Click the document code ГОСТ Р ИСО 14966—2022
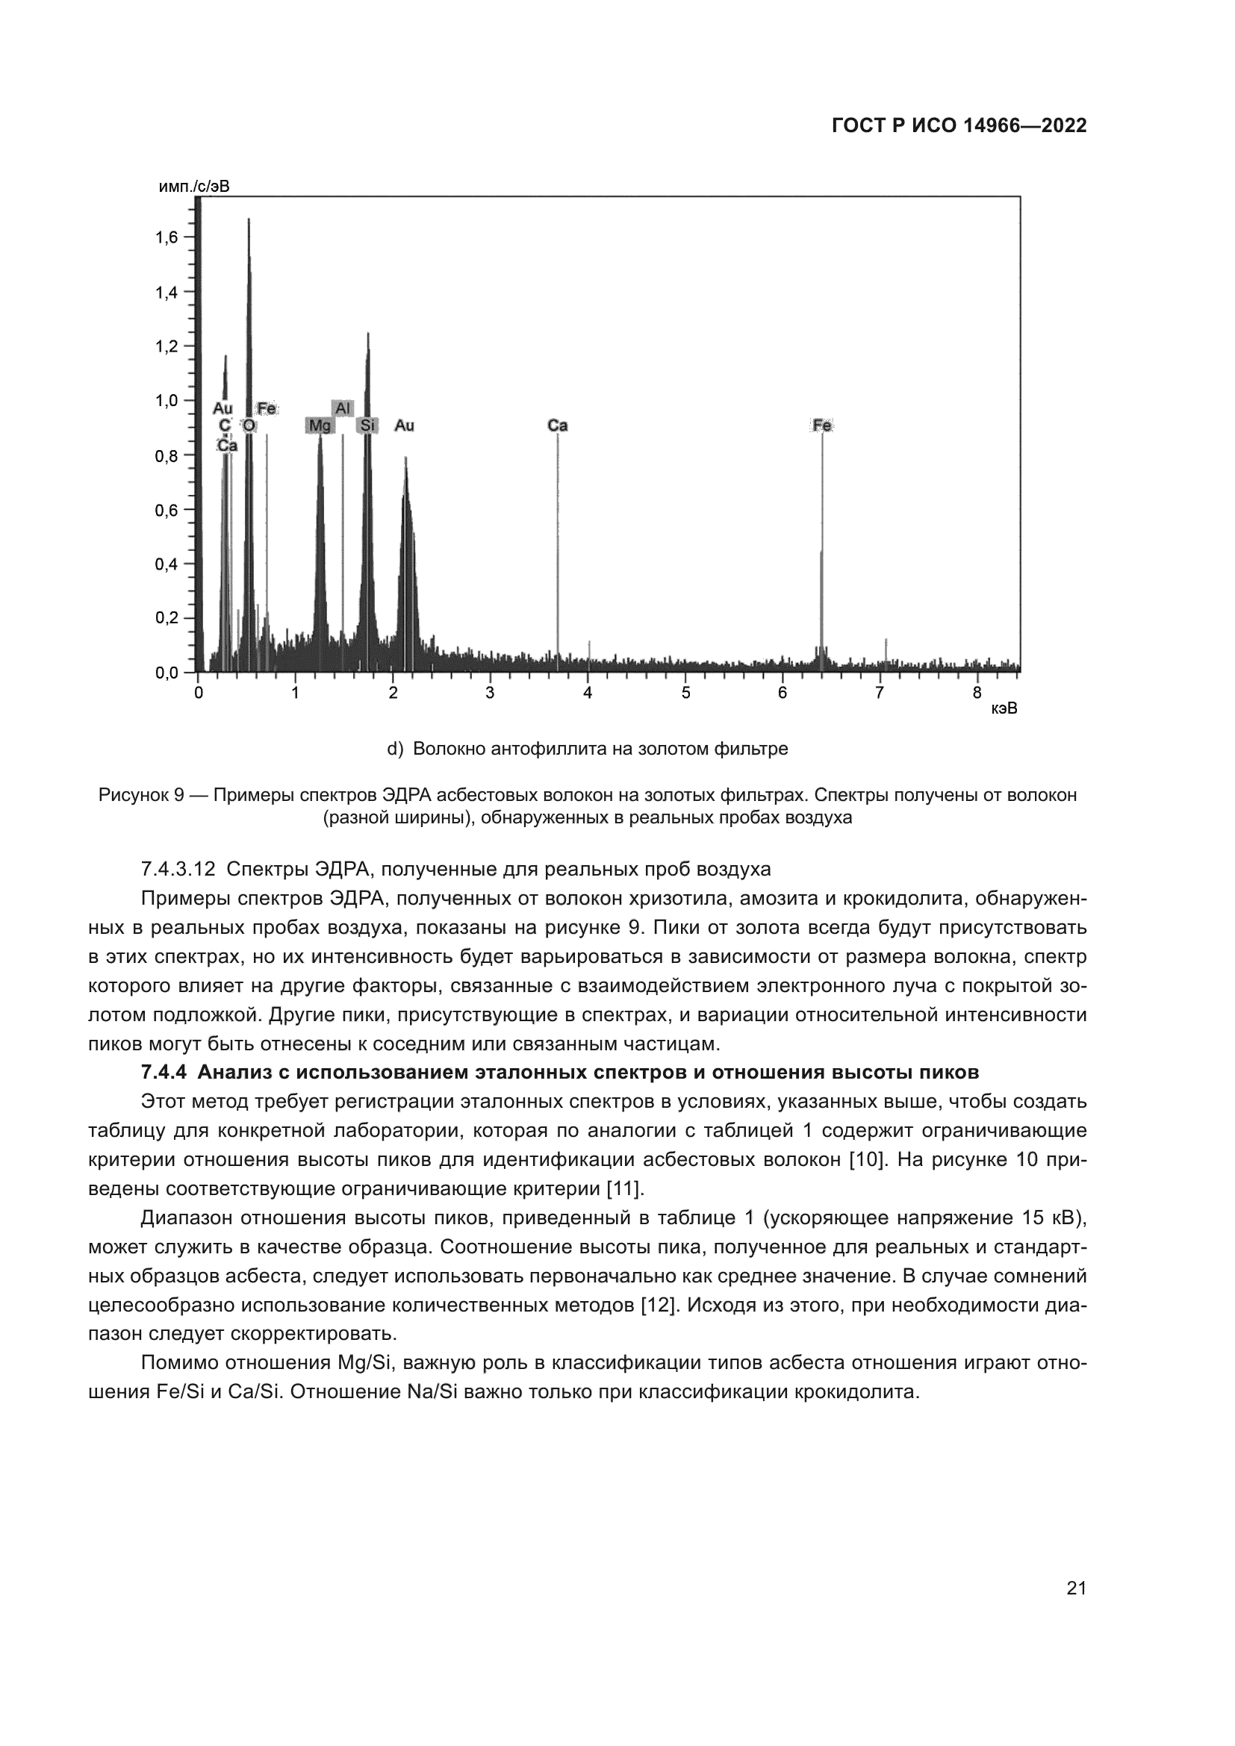[959, 126]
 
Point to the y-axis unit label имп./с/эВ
[194, 187]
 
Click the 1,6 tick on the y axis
[167, 238]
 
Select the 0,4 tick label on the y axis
[167, 564]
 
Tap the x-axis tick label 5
[685, 693]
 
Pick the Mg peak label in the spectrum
[320, 425]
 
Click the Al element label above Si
[343, 408]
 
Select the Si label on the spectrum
[368, 425]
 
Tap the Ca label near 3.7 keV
[558, 425]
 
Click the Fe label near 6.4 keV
[822, 425]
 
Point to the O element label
[249, 425]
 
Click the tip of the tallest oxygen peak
[249, 219]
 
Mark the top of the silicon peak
[368, 334]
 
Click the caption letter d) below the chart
[395, 749]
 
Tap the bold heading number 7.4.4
[163, 1072]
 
